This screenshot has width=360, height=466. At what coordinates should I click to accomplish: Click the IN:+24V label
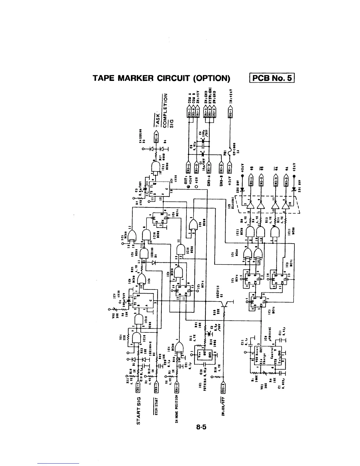click(231, 96)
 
